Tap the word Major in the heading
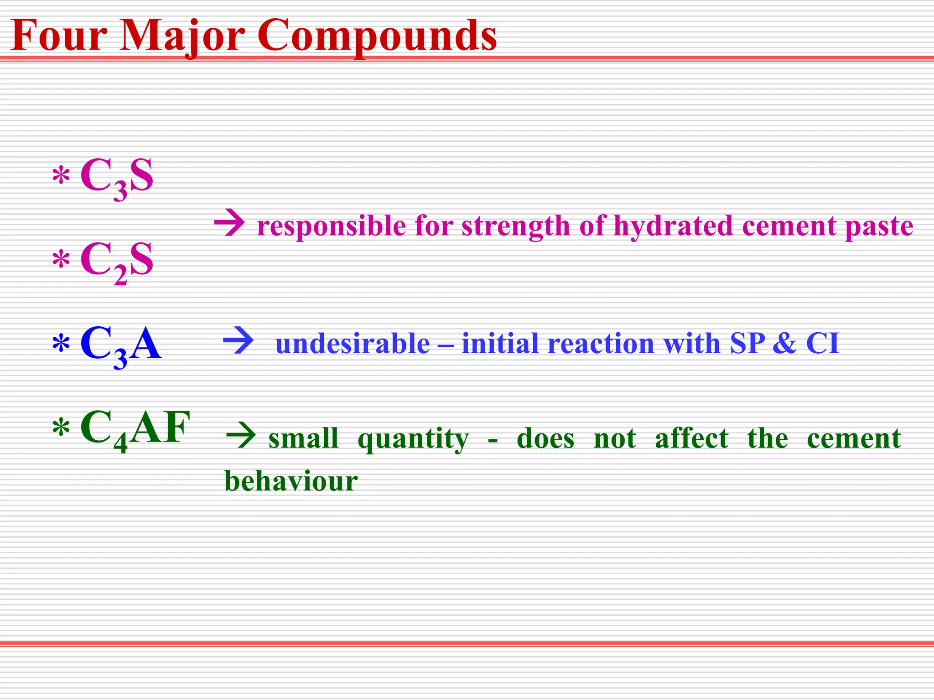click(182, 36)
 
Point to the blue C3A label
click(120, 345)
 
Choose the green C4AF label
click(135, 428)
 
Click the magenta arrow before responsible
click(229, 223)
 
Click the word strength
click(516, 226)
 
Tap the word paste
click(879, 226)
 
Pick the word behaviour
click(291, 481)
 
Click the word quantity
click(413, 439)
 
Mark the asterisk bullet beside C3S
click(61, 176)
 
